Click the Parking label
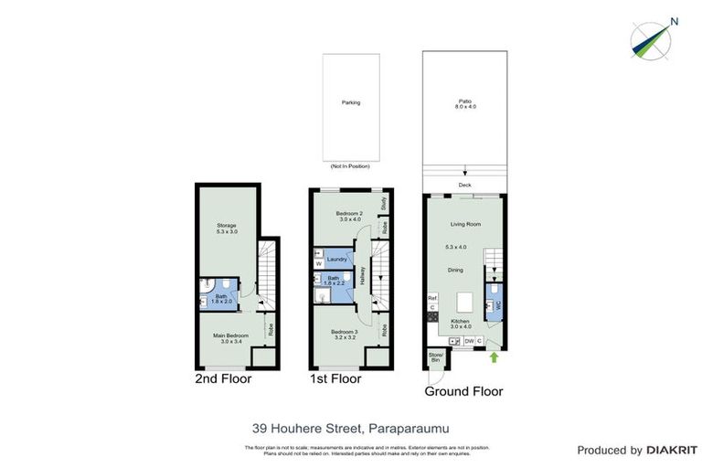point(350,102)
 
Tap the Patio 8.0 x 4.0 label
point(465,104)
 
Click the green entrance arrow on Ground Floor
point(495,357)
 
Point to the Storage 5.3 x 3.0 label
point(227,228)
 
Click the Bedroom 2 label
point(349,216)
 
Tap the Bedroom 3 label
point(344,333)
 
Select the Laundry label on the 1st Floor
point(335,260)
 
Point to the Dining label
point(454,270)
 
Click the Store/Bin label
point(435,358)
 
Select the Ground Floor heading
point(463,391)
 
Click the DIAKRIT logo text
point(671,450)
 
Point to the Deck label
point(465,186)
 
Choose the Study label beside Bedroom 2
point(384,202)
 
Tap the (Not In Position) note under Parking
point(350,166)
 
